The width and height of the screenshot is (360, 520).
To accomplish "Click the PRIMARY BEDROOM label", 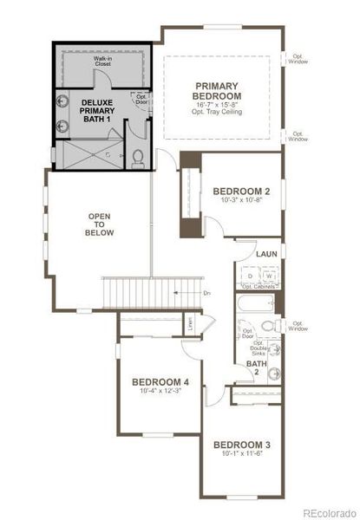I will (218, 91).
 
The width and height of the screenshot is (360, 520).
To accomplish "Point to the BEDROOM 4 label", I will (160, 381).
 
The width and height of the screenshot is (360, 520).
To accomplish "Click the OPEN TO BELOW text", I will (101, 224).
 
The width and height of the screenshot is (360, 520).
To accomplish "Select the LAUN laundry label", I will (266, 253).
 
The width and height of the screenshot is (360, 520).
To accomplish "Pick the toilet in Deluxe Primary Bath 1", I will (140, 158).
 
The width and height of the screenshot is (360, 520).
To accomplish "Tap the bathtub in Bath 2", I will (257, 304).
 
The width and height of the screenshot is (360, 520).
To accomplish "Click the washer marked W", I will (269, 276).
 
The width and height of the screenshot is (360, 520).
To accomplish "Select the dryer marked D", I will (251, 276).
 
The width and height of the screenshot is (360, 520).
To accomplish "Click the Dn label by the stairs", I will (206, 294).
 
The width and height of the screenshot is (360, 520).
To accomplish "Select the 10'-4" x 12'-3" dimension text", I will (160, 392).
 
